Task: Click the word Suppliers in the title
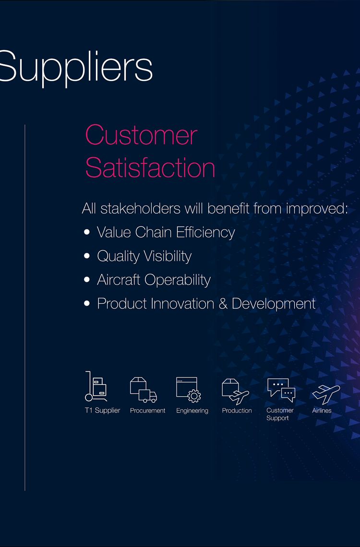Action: click(76, 67)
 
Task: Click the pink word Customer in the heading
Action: click(141, 135)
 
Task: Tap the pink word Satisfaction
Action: click(150, 167)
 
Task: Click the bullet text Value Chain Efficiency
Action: click(166, 232)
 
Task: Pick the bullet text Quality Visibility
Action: click(144, 256)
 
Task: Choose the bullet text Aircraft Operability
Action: click(154, 280)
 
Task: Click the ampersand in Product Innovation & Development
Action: click(224, 304)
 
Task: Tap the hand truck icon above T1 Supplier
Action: click(96, 386)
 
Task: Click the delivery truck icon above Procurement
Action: click(143, 389)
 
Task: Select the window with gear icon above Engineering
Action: click(188, 389)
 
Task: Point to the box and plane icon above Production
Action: click(235, 390)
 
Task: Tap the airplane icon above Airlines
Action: click(326, 393)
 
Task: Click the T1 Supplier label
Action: click(102, 411)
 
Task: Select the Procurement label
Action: click(147, 411)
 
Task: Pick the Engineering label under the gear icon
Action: click(192, 411)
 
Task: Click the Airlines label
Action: click(322, 411)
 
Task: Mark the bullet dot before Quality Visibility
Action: click(87, 256)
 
